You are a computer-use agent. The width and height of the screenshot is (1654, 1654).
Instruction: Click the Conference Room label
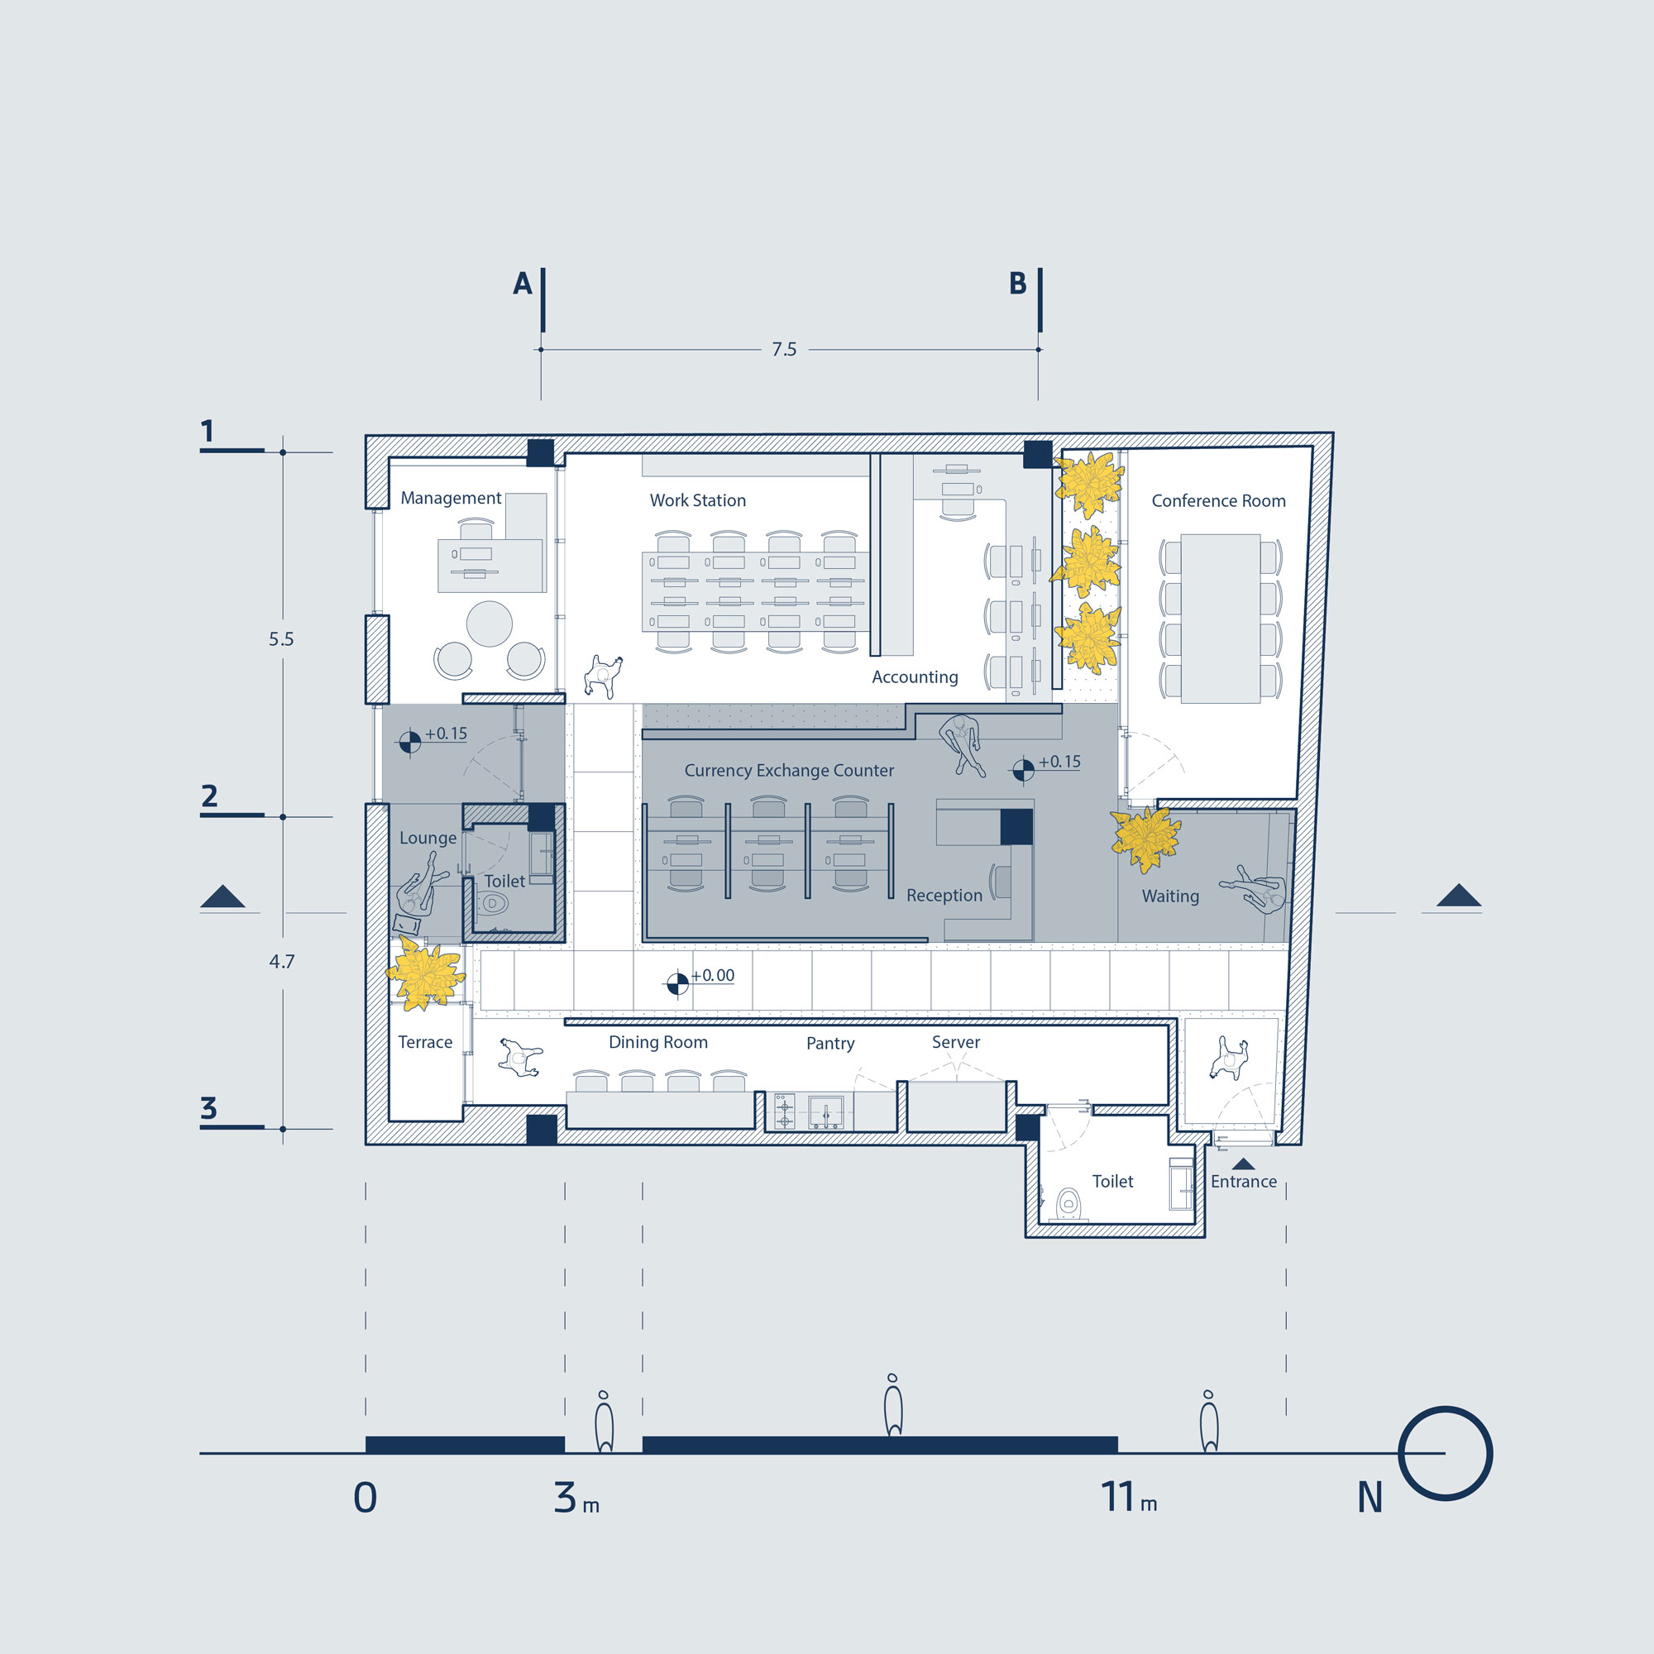pos(1218,501)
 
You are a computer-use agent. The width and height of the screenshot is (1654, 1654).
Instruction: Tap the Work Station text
pos(698,501)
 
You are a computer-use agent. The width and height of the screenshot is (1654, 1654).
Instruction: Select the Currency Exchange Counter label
pos(788,771)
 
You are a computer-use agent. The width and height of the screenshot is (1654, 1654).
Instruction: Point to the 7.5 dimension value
pos(784,349)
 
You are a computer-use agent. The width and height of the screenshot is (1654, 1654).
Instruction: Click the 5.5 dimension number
pos(281,638)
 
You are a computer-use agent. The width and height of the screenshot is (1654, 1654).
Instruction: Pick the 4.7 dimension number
pos(282,962)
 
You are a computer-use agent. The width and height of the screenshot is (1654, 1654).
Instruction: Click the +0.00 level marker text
pos(712,975)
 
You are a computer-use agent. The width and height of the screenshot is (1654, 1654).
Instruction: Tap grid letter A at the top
pos(522,284)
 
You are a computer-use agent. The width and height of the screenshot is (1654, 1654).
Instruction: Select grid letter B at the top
pos(1018,284)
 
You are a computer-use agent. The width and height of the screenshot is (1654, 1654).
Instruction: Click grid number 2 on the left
pos(209,796)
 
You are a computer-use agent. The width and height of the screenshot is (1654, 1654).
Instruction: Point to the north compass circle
pos(1445,1453)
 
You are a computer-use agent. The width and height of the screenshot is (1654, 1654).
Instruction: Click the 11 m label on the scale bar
pos(1128,1498)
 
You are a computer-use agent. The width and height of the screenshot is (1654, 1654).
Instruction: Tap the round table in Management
pos(489,624)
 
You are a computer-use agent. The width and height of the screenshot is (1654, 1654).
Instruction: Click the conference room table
pos(1220,618)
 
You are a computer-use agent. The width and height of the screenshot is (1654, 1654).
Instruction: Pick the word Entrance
pos(1243,1182)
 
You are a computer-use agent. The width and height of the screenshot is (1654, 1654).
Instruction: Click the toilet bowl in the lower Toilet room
pos(1068,1202)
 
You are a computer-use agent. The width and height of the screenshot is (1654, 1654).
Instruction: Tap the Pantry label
pos(830,1044)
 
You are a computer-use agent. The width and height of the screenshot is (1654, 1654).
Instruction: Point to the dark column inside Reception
pos(1016,827)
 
